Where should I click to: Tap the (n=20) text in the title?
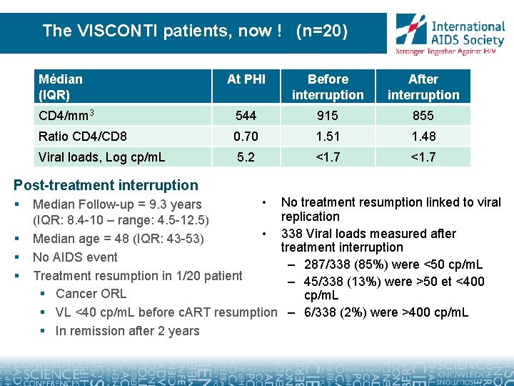(x=321, y=31)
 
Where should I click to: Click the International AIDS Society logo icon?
(x=411, y=29)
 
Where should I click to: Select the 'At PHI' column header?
(x=246, y=79)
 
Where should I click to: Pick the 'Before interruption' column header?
(x=328, y=87)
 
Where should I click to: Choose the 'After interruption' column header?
(x=423, y=87)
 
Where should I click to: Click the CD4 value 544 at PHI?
(x=246, y=116)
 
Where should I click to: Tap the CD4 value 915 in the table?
(x=328, y=116)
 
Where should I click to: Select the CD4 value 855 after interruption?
(x=423, y=116)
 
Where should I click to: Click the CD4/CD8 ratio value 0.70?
(x=246, y=137)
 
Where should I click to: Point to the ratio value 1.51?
(x=328, y=137)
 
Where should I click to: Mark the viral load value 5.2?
(x=246, y=157)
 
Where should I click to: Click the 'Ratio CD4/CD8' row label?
(x=83, y=137)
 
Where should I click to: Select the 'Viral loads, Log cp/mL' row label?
(x=102, y=157)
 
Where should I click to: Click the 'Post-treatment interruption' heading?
(x=106, y=185)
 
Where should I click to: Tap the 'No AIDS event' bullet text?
(x=75, y=257)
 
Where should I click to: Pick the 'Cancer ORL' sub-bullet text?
(x=91, y=294)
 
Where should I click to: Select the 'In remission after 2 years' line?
(x=128, y=331)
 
